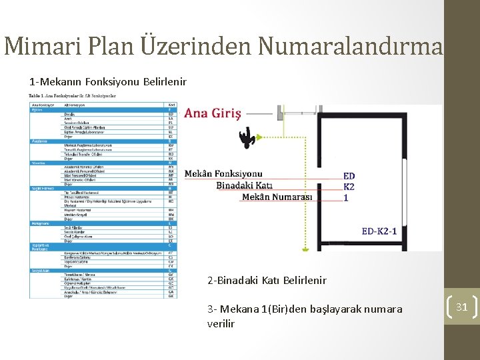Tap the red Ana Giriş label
click(x=213, y=113)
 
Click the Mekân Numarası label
click(x=277, y=197)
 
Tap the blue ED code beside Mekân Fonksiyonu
click(x=349, y=176)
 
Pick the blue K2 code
click(x=349, y=187)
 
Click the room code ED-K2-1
click(x=379, y=231)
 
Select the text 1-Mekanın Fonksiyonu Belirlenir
click(x=107, y=82)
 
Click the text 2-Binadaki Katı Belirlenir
click(x=267, y=280)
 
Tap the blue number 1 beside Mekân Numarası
click(x=345, y=197)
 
